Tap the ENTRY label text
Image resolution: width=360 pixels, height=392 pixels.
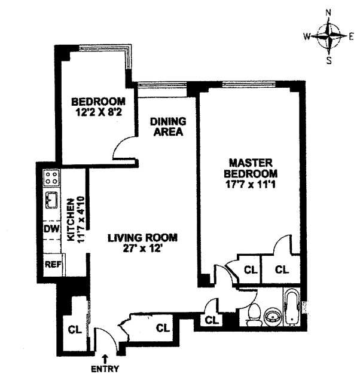[x=105, y=369]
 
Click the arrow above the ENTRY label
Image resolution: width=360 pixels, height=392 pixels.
[x=105, y=359]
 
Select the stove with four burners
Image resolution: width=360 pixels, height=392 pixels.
[x=52, y=177]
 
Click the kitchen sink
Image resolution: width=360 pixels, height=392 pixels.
[x=51, y=200]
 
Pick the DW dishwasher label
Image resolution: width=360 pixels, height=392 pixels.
[x=51, y=229]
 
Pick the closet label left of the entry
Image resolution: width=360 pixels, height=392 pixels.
[x=75, y=329]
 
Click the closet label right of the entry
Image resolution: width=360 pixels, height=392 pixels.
[x=163, y=327]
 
